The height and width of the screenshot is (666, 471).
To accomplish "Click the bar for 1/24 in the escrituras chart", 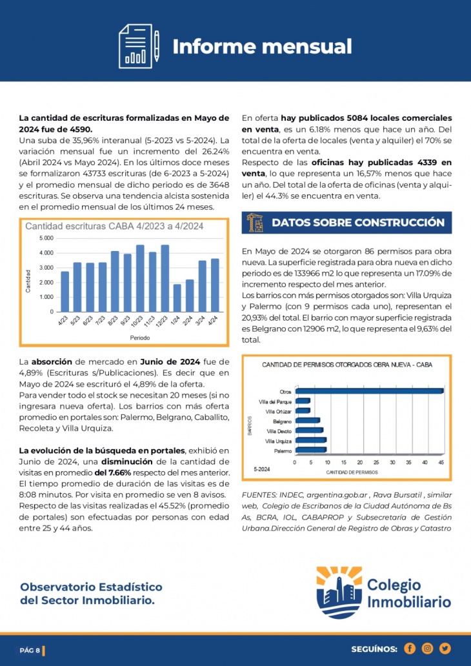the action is coord(177,298).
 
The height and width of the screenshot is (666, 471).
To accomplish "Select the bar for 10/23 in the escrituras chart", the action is coord(140,278).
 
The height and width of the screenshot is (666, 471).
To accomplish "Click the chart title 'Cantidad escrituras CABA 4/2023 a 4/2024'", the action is coord(114,227).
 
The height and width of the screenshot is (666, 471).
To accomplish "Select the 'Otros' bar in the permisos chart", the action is coord(370,391).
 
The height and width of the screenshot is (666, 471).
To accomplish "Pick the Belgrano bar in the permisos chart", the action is coord(308,421).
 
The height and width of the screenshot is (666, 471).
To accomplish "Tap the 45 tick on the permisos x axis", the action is coord(441,462).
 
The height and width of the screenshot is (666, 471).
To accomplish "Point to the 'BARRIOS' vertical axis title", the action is coord(250,425).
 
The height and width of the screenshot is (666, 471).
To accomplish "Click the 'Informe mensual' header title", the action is coord(262,46).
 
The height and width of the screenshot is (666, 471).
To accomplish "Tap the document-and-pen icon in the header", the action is coord(139,46).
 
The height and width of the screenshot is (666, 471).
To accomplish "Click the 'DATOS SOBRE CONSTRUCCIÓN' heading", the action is coord(358,223).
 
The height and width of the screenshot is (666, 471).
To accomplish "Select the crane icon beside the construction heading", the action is coord(256,223).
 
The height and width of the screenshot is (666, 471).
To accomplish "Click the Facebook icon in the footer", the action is coord(410,649).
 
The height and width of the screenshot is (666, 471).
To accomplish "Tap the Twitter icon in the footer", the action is coord(445,649).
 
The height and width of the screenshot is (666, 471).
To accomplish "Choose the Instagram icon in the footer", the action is coord(427,649).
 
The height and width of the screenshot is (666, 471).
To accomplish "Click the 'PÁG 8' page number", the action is coord(30,651).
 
